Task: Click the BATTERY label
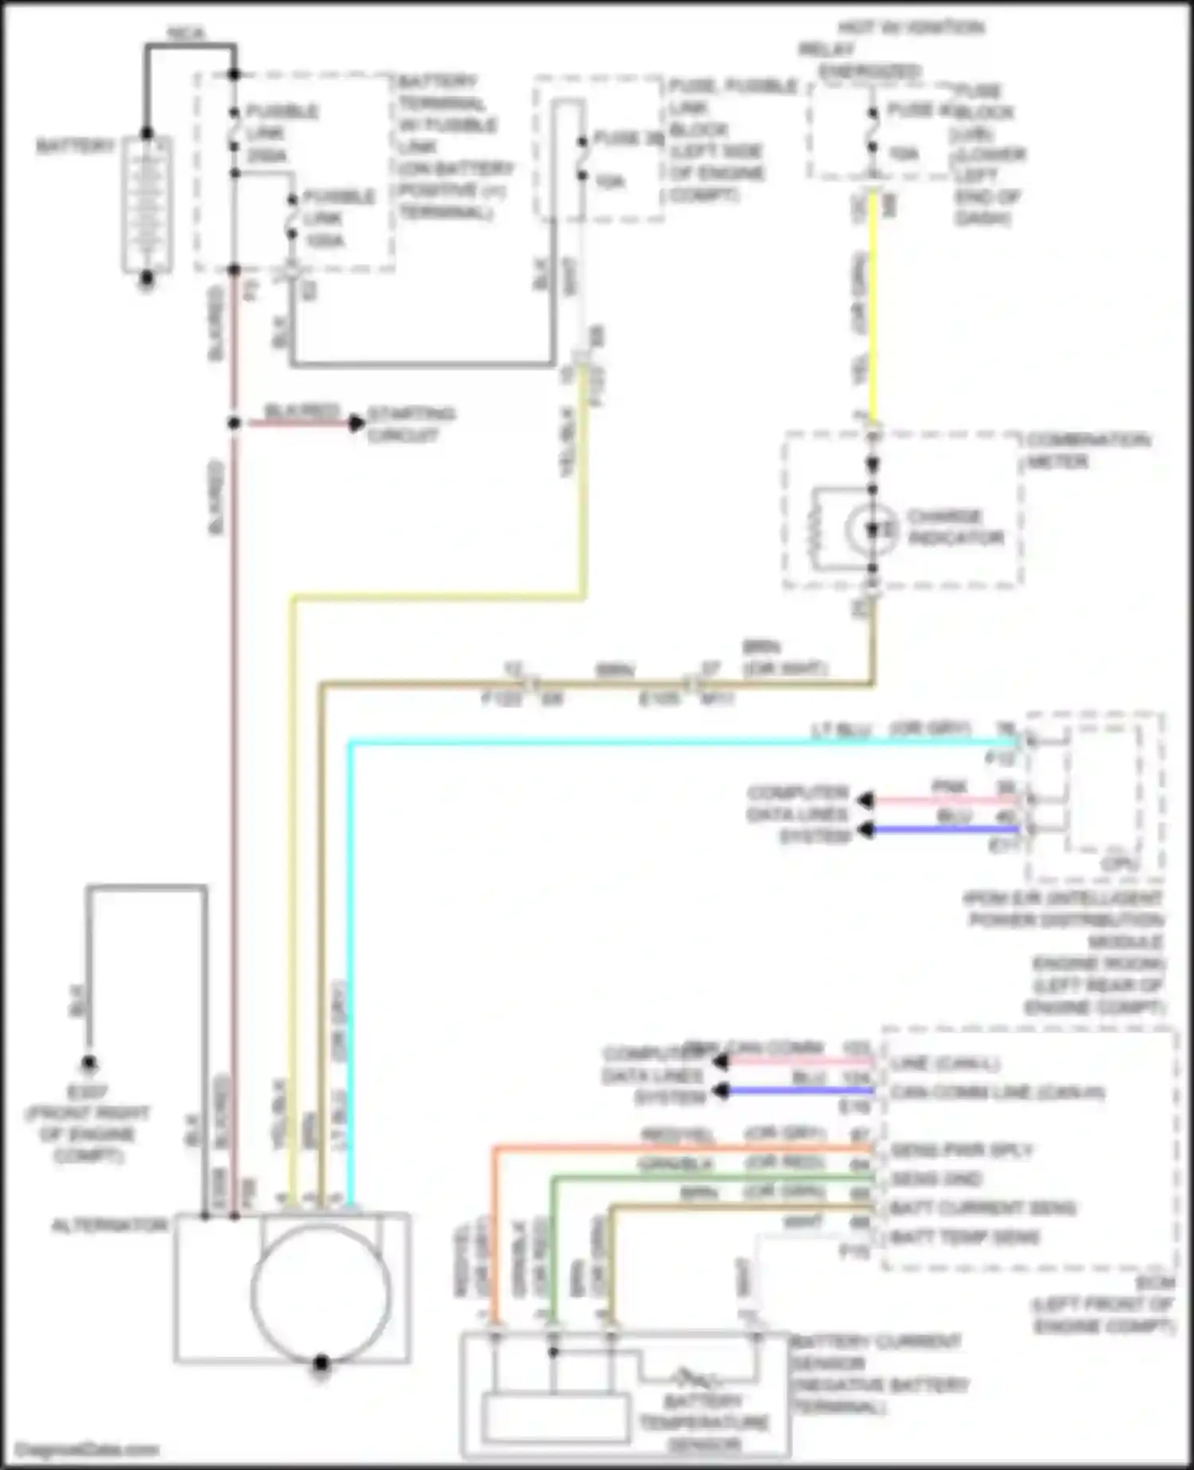pyautogui.click(x=75, y=147)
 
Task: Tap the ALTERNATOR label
pyautogui.click(x=110, y=1226)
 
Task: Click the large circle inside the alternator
pyautogui.click(x=320, y=1292)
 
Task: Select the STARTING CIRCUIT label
pyautogui.click(x=411, y=424)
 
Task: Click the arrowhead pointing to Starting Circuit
pyautogui.click(x=357, y=424)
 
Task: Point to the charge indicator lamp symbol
pyautogui.click(x=872, y=528)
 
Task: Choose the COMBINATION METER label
pyautogui.click(x=1087, y=451)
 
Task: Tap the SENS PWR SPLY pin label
pyautogui.click(x=962, y=1150)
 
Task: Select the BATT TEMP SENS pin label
pyautogui.click(x=965, y=1237)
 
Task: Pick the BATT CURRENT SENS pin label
pyautogui.click(x=982, y=1209)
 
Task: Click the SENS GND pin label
pyautogui.click(x=936, y=1179)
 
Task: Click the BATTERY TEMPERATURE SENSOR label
pyautogui.click(x=704, y=1422)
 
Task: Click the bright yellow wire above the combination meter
pyautogui.click(x=873, y=319)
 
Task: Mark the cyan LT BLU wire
pyautogui.click(x=637, y=743)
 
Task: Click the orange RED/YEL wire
pyautogui.click(x=677, y=1148)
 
